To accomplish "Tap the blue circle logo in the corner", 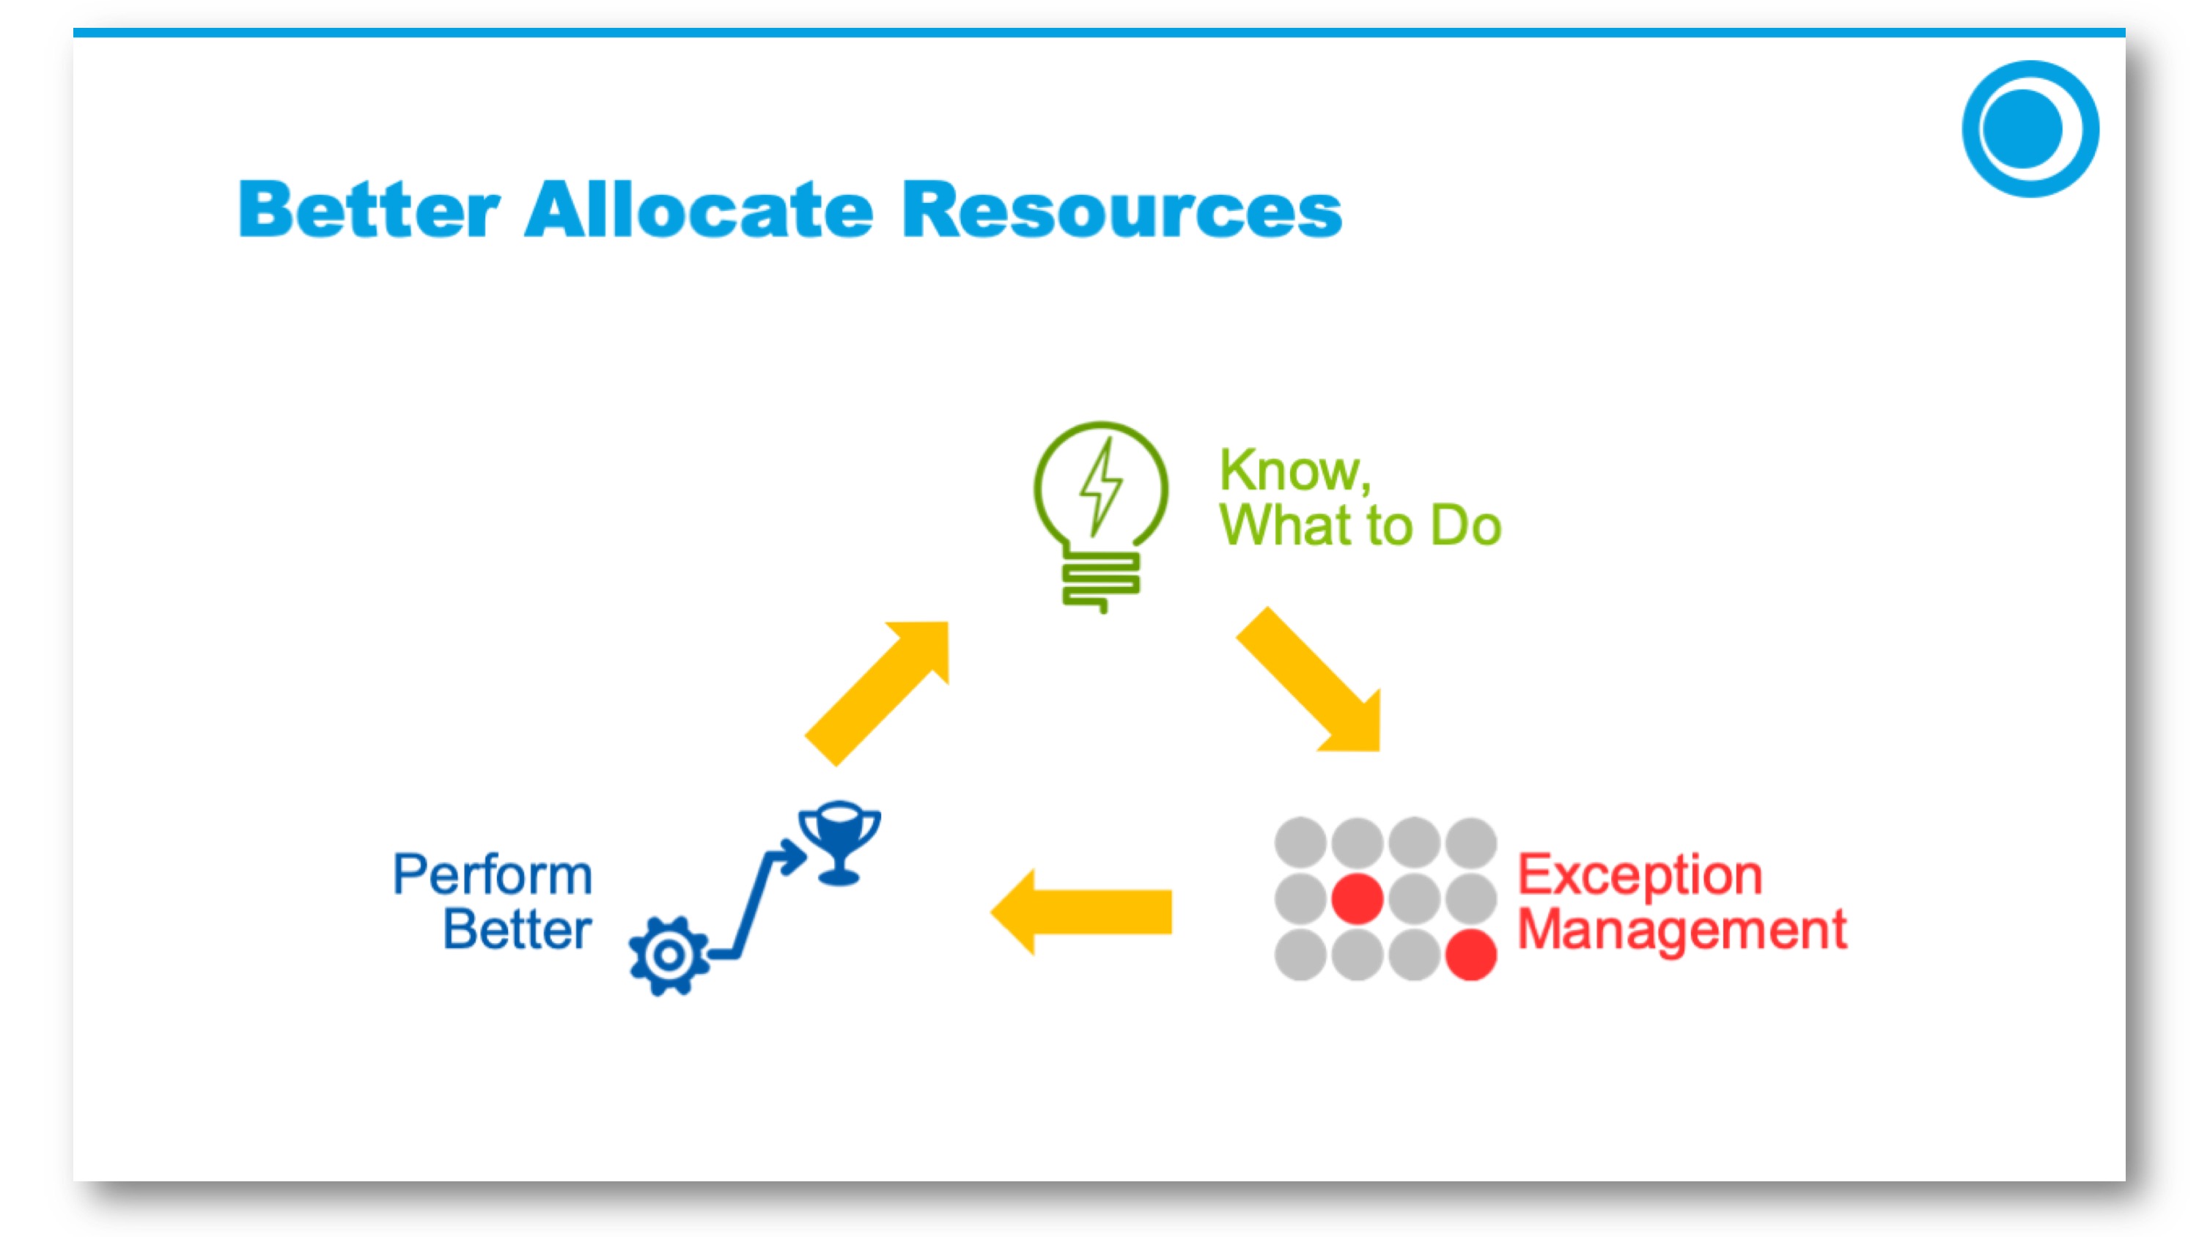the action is point(2030,129).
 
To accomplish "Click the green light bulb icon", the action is point(1100,517).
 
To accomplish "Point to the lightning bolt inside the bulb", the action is point(1102,487).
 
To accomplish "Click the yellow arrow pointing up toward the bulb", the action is point(877,693).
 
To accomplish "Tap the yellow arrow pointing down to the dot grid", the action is point(1308,679).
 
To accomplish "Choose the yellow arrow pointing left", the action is point(1080,912).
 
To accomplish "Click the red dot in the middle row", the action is point(1358,899).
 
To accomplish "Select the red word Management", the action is point(1682,930).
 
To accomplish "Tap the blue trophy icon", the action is point(839,843).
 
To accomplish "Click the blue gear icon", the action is point(668,956).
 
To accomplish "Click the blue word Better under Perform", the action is point(517,928).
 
